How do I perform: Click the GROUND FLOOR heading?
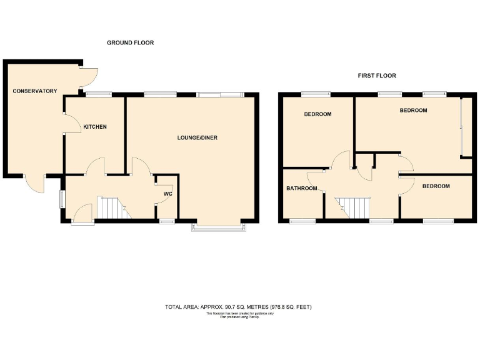[130, 42]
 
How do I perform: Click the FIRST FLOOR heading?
[376, 76]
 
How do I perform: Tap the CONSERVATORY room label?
[35, 91]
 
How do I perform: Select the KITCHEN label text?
[95, 127]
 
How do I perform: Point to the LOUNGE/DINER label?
[197, 137]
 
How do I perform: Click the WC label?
[167, 194]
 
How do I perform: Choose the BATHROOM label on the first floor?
[301, 188]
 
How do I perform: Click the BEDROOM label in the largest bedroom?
[413, 111]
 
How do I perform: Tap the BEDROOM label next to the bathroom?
[317, 114]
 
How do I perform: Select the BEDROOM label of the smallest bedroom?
[436, 186]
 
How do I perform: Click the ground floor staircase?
[111, 207]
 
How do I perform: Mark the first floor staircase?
[353, 207]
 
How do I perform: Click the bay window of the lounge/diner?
[221, 226]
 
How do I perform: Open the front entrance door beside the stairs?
[82, 215]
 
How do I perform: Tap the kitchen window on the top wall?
[96, 94]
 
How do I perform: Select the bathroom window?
[302, 221]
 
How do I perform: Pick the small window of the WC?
[166, 221]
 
